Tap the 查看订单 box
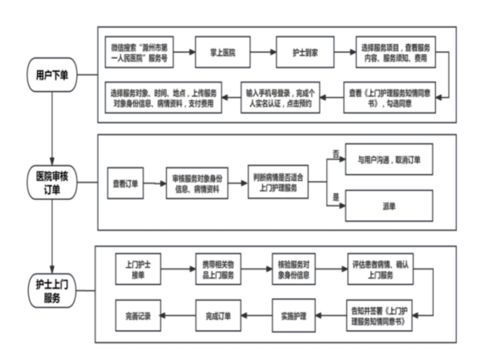coord(126,185)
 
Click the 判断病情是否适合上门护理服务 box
coord(279,184)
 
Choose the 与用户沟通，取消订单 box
coord(389,159)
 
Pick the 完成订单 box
coord(218,315)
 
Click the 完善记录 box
coord(138,315)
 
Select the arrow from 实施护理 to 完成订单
coord(257,315)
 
